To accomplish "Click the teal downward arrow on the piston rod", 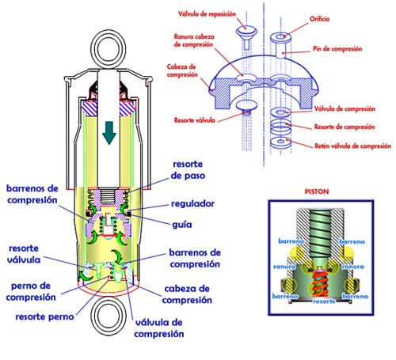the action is point(109,133).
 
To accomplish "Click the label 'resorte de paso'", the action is point(188,170).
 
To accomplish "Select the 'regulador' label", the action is point(192,203).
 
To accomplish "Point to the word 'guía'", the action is point(182,225).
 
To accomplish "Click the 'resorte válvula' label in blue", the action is point(24,254).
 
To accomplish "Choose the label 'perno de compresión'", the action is point(31,292).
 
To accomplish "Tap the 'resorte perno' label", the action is point(44,316).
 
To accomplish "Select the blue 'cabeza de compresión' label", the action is point(187,294).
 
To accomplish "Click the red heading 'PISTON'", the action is point(317,191).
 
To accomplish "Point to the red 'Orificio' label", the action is point(319,19).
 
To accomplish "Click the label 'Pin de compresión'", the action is point(337,49).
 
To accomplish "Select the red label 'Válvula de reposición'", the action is point(207,14).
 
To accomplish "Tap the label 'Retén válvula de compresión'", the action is point(352,146).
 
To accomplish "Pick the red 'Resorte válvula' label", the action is point(195,120).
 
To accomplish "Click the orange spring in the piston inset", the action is point(320,283).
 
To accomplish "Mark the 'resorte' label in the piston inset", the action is point(324,301).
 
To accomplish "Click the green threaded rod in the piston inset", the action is point(320,237).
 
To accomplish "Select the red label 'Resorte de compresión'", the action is point(345,127).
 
